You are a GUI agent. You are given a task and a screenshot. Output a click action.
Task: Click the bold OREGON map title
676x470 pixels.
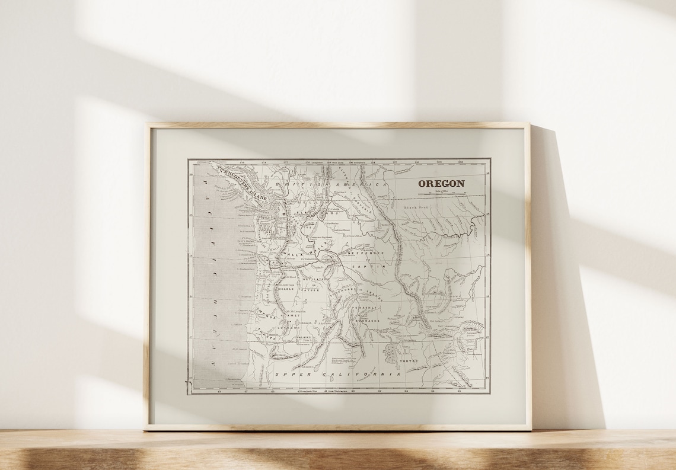[x=441, y=184]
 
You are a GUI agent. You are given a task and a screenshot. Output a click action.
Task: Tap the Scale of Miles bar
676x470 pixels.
[x=442, y=193]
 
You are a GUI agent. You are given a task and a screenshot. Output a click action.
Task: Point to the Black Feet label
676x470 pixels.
[x=416, y=207]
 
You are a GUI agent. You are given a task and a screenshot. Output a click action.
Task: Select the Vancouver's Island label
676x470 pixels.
[x=244, y=175]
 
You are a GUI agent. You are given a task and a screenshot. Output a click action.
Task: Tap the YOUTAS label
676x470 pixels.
[x=409, y=361]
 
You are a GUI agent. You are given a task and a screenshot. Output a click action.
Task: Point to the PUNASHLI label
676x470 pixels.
[x=365, y=308]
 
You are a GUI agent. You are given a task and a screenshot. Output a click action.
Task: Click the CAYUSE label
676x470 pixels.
[x=310, y=290]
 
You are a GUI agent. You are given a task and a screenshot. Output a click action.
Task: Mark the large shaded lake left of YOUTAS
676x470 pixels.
[x=391, y=354]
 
